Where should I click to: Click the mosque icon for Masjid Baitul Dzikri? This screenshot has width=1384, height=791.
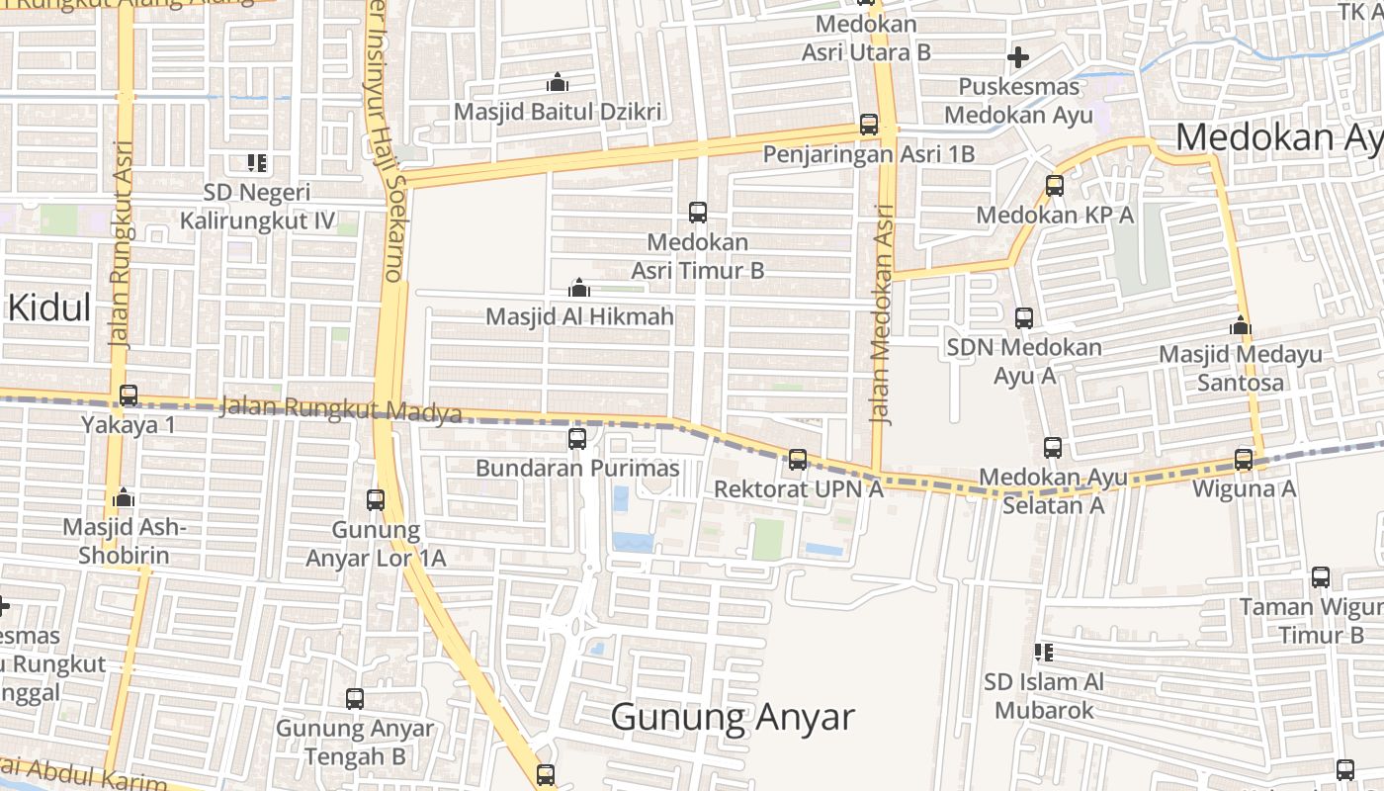coord(558,82)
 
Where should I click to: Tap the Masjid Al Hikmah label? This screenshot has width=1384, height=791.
coord(579,316)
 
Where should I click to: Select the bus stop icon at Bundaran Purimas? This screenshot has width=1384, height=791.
coord(577,438)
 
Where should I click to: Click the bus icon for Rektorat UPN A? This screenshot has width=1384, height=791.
coord(798,459)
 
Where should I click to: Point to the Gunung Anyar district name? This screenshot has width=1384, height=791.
coord(732,716)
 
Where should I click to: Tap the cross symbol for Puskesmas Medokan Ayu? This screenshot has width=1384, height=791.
coord(1018,57)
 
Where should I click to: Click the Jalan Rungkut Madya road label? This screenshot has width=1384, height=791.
coord(341,408)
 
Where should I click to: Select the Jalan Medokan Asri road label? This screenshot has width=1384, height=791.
coord(882,314)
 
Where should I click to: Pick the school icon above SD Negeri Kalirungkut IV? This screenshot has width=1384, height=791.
coord(257,162)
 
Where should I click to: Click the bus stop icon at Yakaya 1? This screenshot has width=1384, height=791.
coord(129,395)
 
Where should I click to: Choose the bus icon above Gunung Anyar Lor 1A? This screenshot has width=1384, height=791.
coord(376,500)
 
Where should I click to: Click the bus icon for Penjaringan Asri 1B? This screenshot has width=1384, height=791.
coord(869,125)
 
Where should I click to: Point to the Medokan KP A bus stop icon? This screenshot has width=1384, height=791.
coord(1055,185)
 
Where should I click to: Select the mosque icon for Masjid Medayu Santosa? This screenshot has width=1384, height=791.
coord(1241,325)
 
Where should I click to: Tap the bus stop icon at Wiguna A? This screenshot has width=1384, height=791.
coord(1244,459)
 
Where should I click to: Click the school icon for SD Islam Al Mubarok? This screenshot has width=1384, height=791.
coord(1043,653)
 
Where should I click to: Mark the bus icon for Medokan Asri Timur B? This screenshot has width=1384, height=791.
coord(698,212)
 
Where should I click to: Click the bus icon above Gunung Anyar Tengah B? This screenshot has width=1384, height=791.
coord(355,699)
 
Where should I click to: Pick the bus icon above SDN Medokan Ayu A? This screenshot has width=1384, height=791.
coord(1024,318)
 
